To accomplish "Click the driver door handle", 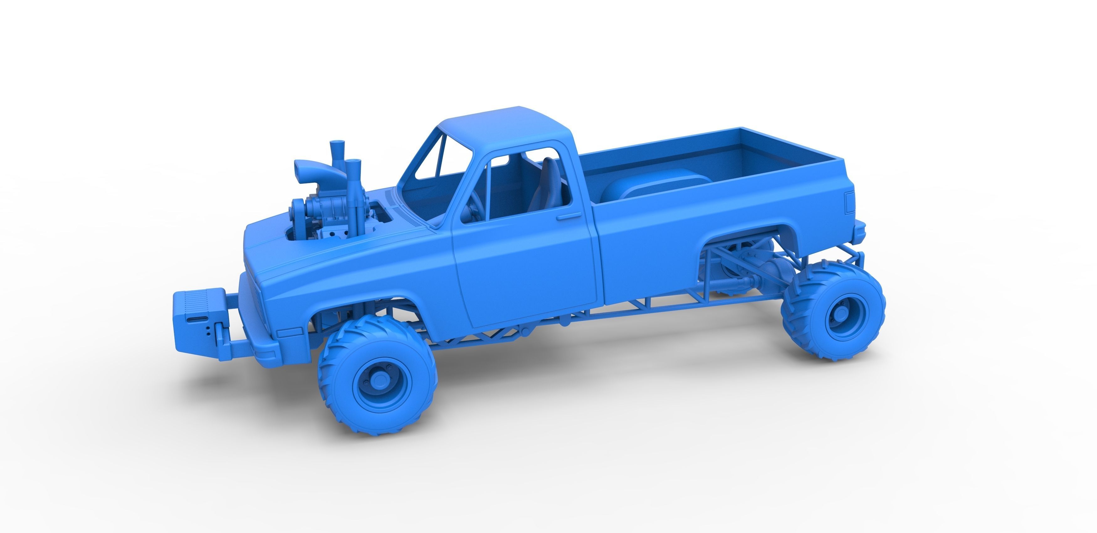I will click(x=569, y=217).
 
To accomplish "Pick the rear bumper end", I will click(x=859, y=230).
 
